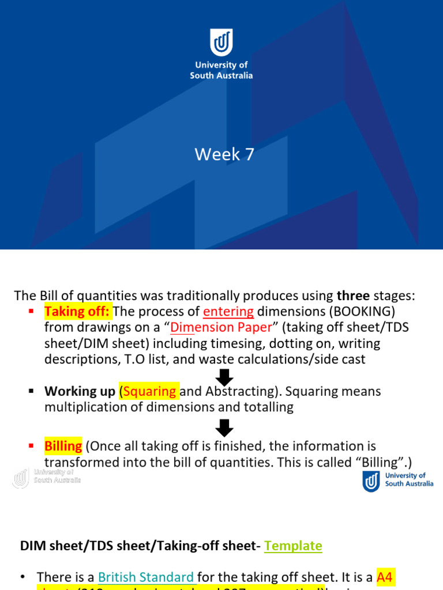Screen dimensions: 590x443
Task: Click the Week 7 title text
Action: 224,154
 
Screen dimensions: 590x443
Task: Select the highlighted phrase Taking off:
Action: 77,312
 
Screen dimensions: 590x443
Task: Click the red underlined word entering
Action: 228,312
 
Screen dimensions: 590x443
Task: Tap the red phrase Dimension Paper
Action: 221,328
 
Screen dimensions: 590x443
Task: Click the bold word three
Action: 353,296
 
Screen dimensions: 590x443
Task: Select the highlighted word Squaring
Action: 149,391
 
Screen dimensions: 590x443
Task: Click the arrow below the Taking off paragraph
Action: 224,377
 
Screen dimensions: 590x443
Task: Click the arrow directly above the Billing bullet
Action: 224,428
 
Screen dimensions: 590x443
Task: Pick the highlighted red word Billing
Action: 63,446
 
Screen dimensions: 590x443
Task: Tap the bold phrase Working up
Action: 80,391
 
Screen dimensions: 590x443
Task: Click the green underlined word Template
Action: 293,546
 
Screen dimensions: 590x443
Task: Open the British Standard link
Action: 146,577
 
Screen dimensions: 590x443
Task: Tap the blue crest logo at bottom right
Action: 371,481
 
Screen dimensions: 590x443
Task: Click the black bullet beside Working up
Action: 32,391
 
